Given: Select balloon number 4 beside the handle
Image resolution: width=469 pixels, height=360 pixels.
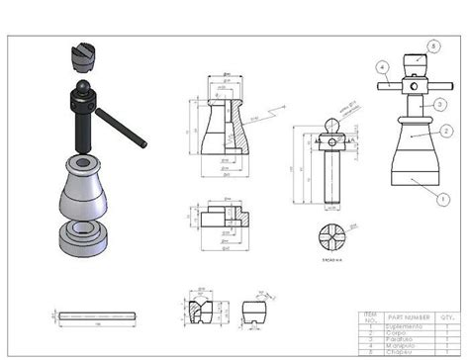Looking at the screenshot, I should (x=381, y=66).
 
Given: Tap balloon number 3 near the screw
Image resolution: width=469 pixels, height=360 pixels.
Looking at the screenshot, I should (x=437, y=102).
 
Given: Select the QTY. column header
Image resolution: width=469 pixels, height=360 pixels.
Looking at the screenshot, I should (x=448, y=317).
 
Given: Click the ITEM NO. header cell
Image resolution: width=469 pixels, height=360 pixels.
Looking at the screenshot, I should (x=371, y=317).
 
